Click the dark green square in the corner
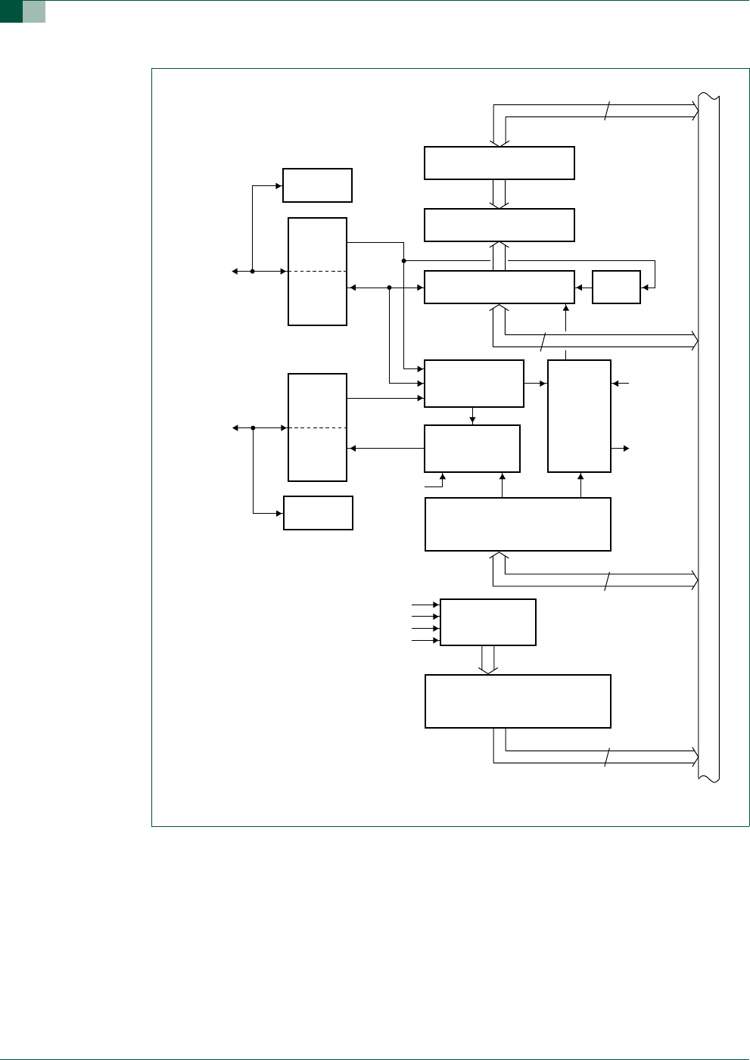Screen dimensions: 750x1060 click(x=11, y=11)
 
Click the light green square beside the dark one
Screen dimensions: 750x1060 click(x=34, y=11)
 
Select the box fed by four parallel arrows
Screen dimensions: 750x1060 click(x=487, y=622)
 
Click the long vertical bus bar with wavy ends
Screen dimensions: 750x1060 click(x=709, y=439)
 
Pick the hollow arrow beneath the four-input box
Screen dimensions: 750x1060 click(x=489, y=660)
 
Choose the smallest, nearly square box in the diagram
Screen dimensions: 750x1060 click(x=616, y=287)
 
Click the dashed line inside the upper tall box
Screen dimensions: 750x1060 click(x=317, y=271)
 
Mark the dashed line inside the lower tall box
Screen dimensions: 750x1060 click(x=317, y=427)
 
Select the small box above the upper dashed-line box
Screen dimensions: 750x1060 click(x=317, y=185)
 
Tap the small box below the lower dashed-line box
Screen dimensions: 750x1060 click(x=318, y=513)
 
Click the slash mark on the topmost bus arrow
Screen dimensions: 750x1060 click(x=606, y=111)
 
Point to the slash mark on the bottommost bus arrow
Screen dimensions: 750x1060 click(x=606, y=757)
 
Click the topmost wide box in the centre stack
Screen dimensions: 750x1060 click(x=499, y=163)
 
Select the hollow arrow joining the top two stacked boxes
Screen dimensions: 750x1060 click(x=499, y=194)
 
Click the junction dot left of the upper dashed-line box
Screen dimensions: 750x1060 click(x=252, y=271)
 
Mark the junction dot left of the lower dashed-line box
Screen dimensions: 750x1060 click(x=253, y=427)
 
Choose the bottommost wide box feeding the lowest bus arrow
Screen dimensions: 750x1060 click(x=518, y=701)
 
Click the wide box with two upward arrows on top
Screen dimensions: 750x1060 click(x=518, y=524)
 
